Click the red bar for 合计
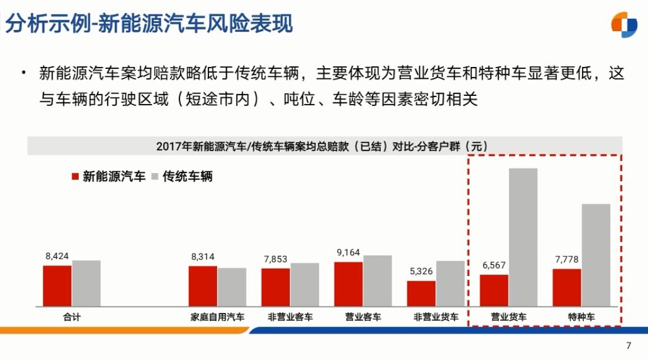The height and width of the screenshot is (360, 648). [57, 285]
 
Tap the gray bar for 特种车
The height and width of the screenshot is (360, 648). [596, 255]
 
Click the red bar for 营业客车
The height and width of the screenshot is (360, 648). [348, 284]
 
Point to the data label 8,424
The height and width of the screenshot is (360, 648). [57, 256]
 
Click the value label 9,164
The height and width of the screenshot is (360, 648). [348, 252]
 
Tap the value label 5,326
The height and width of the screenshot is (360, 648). [421, 271]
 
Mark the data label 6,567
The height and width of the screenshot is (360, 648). [494, 265]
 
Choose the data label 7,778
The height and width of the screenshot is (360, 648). [567, 259]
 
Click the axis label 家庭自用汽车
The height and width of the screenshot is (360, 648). [217, 316]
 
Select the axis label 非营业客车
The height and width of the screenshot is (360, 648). [290, 316]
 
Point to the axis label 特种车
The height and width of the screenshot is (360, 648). [581, 316]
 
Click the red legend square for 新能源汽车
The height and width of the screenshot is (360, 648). [75, 176]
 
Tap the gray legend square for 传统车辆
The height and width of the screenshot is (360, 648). [155, 176]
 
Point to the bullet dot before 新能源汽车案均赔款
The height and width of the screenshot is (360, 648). [24, 73]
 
